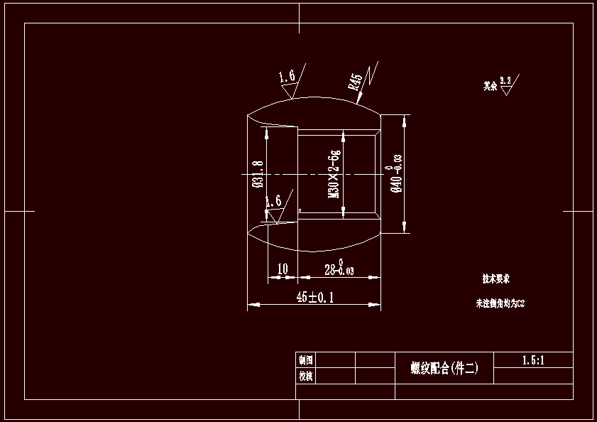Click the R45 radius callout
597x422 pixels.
356,80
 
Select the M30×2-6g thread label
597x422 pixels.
334,174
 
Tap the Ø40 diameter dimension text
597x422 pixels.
396,175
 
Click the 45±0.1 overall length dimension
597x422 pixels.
314,298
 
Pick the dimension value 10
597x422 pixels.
283,269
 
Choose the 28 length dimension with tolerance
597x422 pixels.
339,269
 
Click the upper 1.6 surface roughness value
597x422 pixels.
286,76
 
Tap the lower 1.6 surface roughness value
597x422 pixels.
273,201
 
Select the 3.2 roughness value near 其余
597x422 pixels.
505,80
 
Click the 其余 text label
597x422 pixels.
491,86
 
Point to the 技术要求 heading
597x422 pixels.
496,278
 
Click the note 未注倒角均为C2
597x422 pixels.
500,303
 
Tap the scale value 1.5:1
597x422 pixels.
532,360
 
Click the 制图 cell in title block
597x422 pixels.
306,359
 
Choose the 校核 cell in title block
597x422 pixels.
306,376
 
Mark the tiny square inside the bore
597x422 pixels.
300,210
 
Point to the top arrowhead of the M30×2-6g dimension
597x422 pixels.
344,134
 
